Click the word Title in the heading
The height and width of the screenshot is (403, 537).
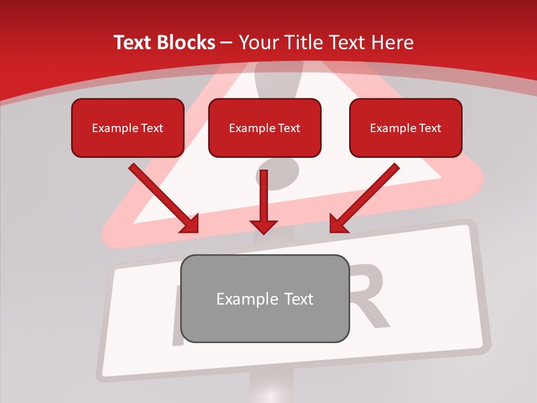click(305, 43)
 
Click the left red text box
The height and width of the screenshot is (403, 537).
click(128, 128)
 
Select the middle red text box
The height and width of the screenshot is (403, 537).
click(265, 128)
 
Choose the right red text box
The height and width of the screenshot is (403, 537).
click(406, 128)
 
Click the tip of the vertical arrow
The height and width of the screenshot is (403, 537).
click(263, 232)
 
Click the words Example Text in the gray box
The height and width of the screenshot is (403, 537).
click(265, 299)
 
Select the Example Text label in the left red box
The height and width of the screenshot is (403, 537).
click(128, 128)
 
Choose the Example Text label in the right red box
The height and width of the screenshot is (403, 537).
click(406, 128)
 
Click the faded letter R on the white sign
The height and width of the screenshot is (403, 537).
click(370, 299)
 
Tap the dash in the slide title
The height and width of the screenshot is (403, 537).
click(227, 43)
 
